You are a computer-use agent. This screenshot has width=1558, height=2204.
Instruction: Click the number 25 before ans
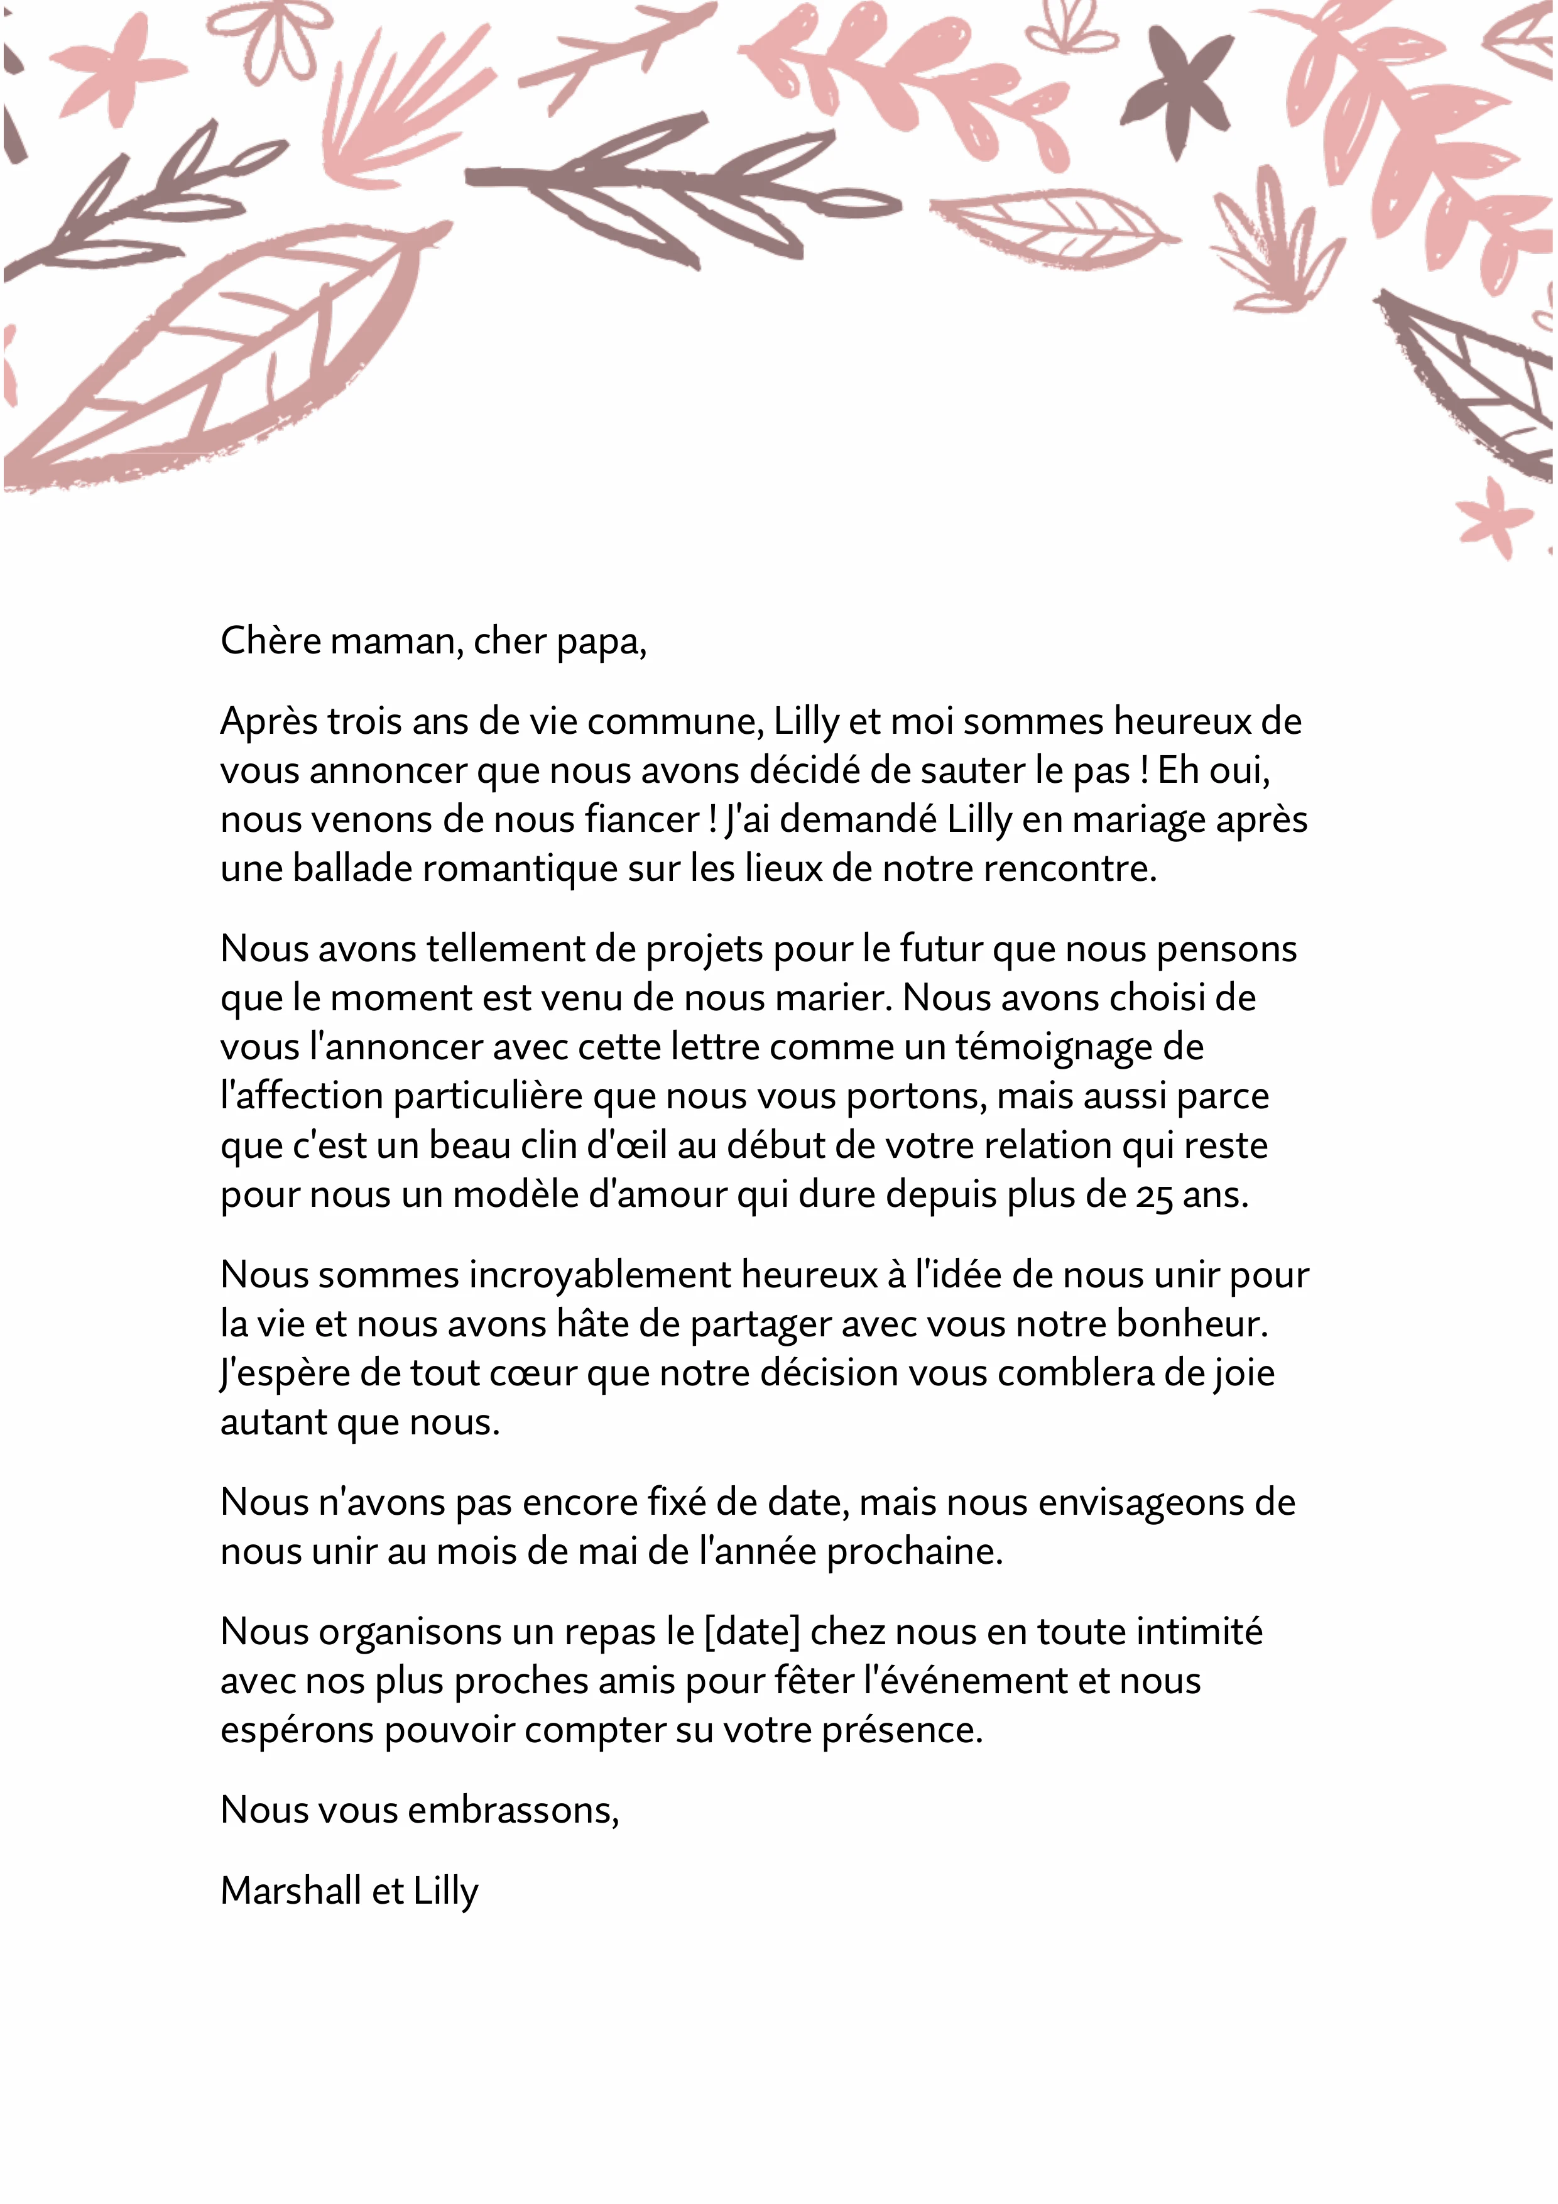(1155, 1196)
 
